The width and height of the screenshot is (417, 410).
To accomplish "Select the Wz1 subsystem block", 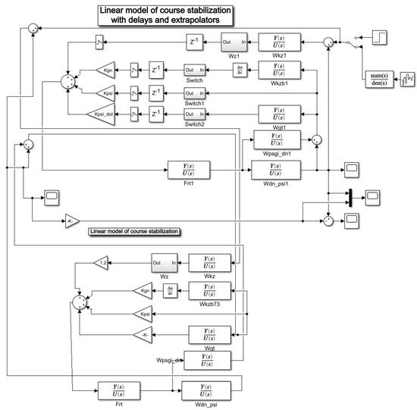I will [234, 42].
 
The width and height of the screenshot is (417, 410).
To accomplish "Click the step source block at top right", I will [382, 36].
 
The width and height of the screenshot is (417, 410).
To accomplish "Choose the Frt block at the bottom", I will [120, 393].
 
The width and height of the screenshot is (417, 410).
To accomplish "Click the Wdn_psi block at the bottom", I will [207, 393].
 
